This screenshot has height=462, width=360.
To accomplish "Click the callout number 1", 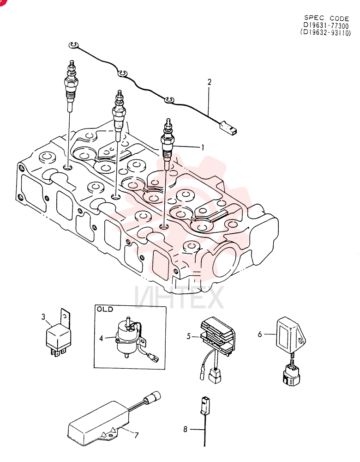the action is click(203, 147).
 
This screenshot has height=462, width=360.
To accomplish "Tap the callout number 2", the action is click(209, 82).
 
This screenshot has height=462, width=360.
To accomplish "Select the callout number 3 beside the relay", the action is click(43, 317).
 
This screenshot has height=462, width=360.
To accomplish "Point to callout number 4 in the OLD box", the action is click(101, 338).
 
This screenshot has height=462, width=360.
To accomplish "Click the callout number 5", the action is click(189, 336).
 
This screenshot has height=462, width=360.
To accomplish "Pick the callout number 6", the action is click(260, 334).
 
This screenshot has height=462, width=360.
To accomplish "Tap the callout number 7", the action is click(136, 435).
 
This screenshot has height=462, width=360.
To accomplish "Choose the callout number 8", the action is click(185, 429).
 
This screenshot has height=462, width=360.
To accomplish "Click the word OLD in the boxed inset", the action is click(105, 310).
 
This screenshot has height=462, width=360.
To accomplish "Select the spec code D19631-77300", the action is click(326, 25).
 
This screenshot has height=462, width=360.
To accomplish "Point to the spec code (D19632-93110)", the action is click(325, 33).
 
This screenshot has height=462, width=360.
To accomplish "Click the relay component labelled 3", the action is click(58, 334).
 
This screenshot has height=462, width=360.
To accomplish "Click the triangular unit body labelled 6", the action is click(289, 334).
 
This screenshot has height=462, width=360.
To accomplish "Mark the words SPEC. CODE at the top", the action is click(326, 18).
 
